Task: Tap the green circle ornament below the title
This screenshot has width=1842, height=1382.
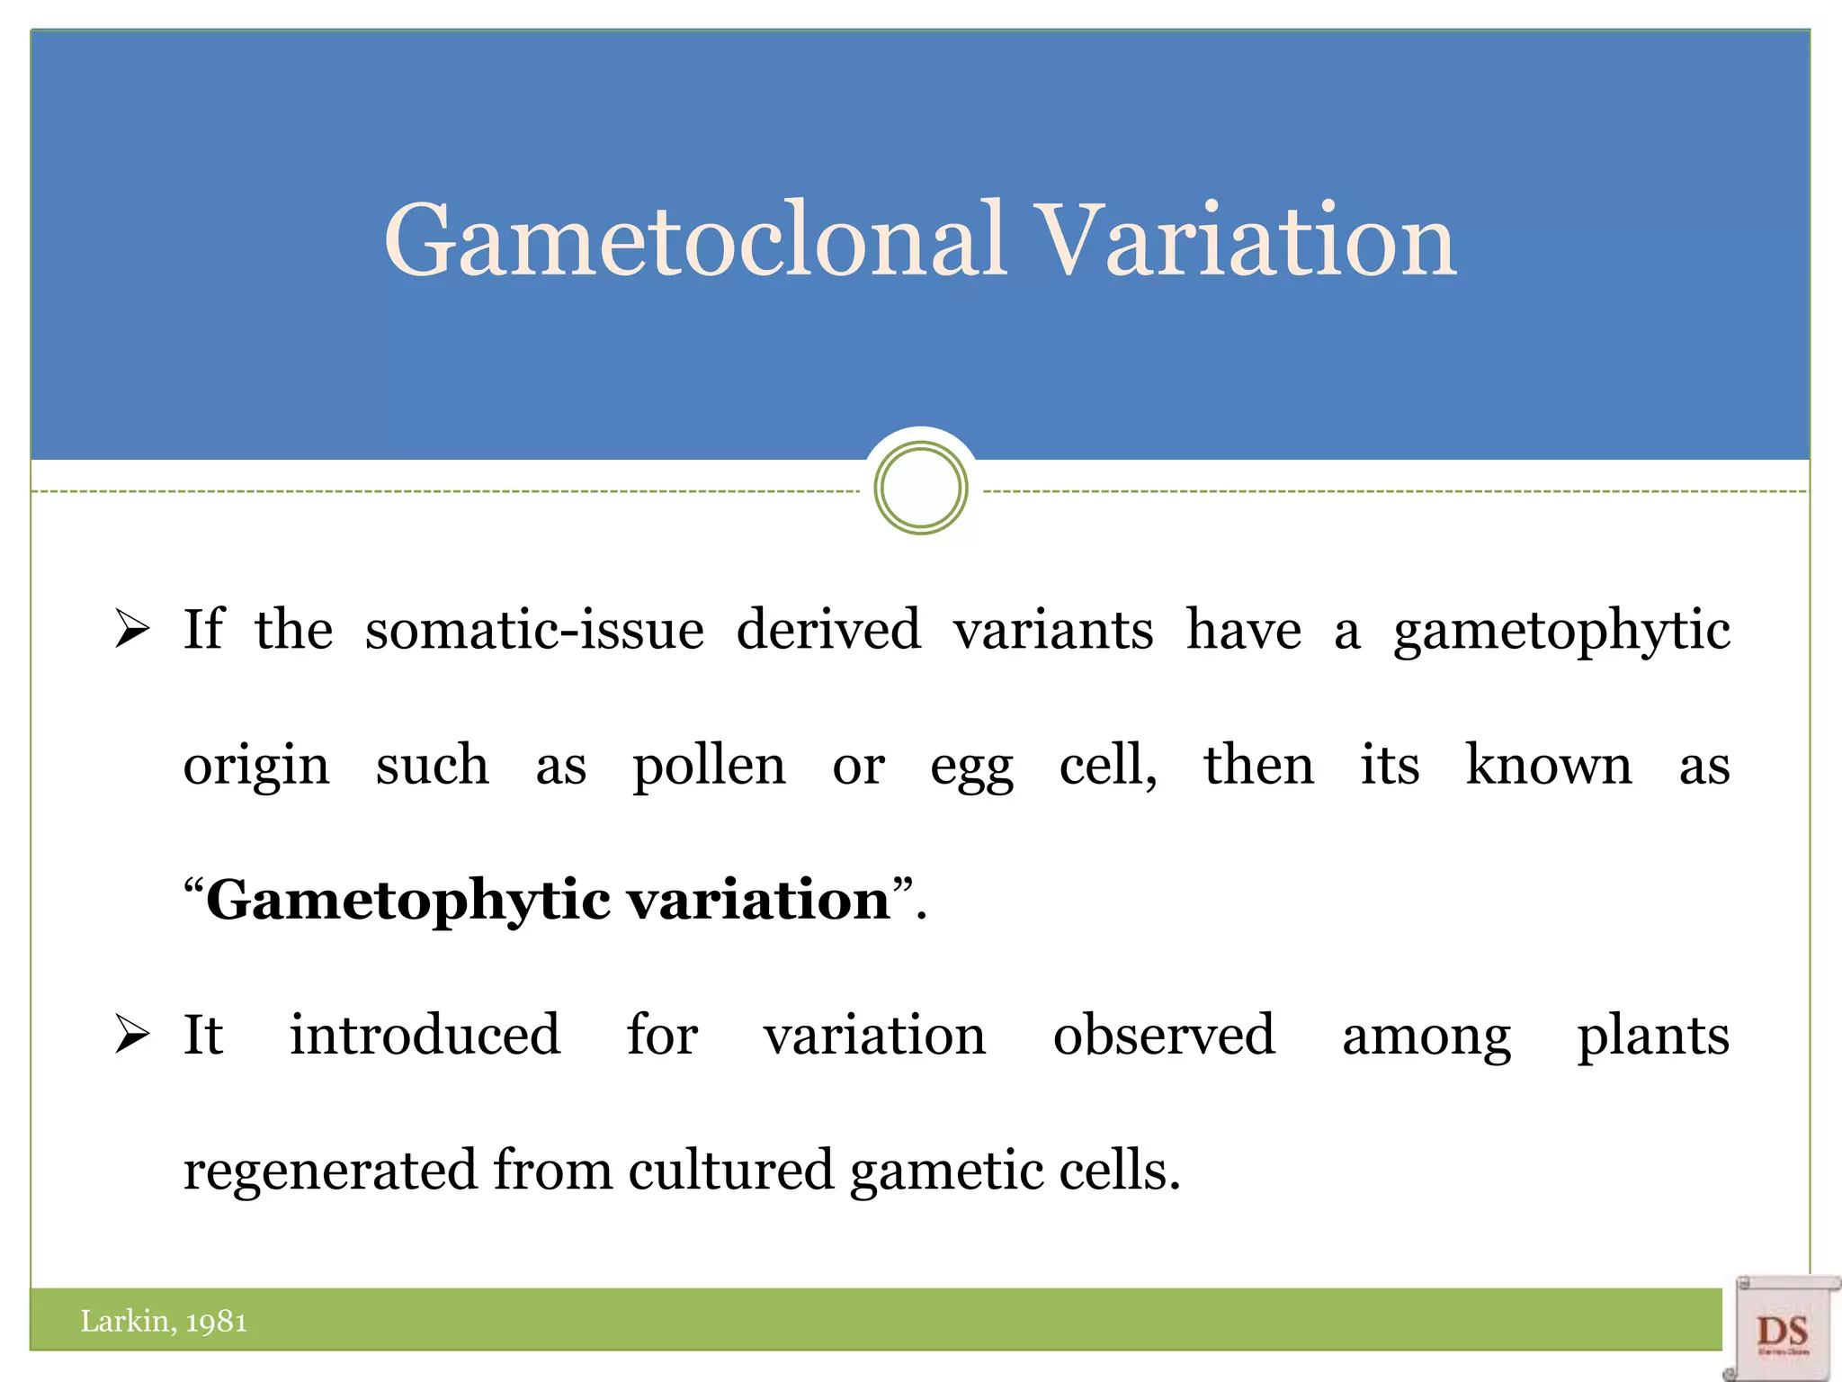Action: coord(920,489)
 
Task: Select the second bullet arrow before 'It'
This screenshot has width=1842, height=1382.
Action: coord(132,1034)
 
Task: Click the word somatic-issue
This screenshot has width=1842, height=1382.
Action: coord(534,629)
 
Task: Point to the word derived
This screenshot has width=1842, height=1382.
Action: coord(828,629)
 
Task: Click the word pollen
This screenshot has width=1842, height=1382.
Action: coord(709,767)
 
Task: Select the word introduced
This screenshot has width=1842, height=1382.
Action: coord(425,1035)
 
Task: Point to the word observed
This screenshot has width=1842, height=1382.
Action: coord(1164,1035)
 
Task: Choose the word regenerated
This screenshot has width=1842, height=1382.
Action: coord(330,1171)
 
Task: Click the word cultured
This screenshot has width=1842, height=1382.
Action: coord(730,1170)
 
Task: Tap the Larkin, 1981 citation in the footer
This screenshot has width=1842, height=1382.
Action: coord(164,1321)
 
